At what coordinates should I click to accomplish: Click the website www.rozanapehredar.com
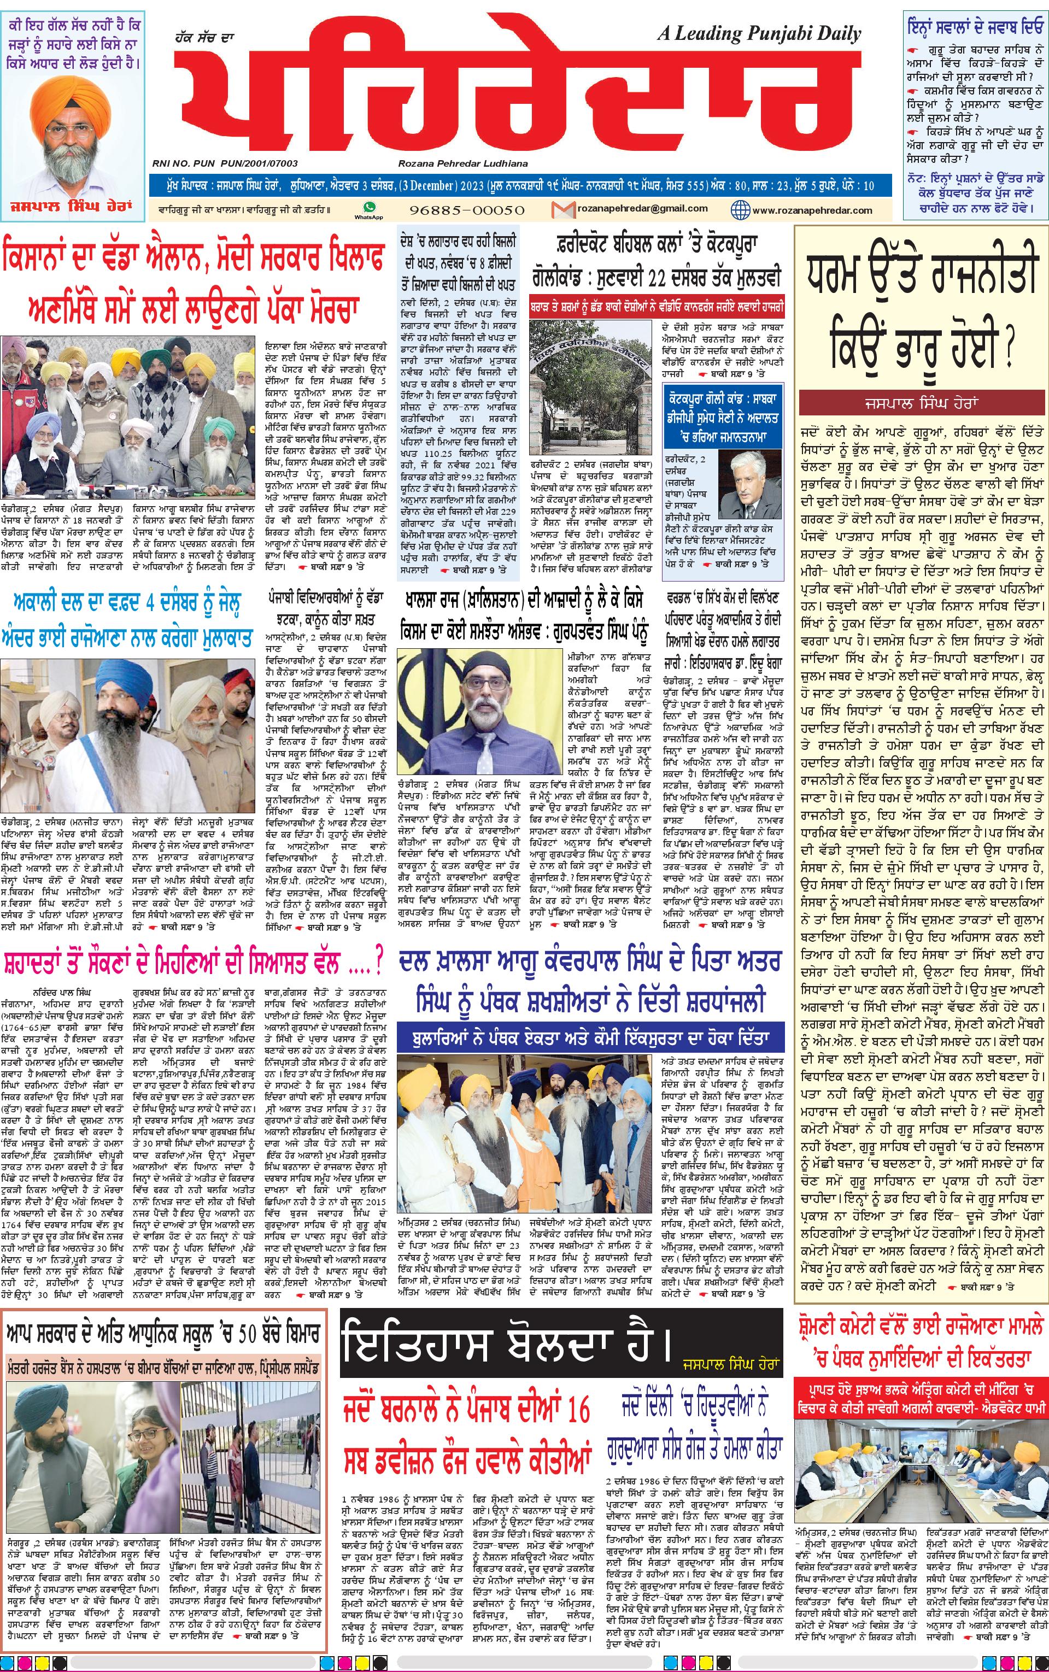pos(812,210)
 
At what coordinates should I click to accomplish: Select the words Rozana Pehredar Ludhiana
pos(463,163)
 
